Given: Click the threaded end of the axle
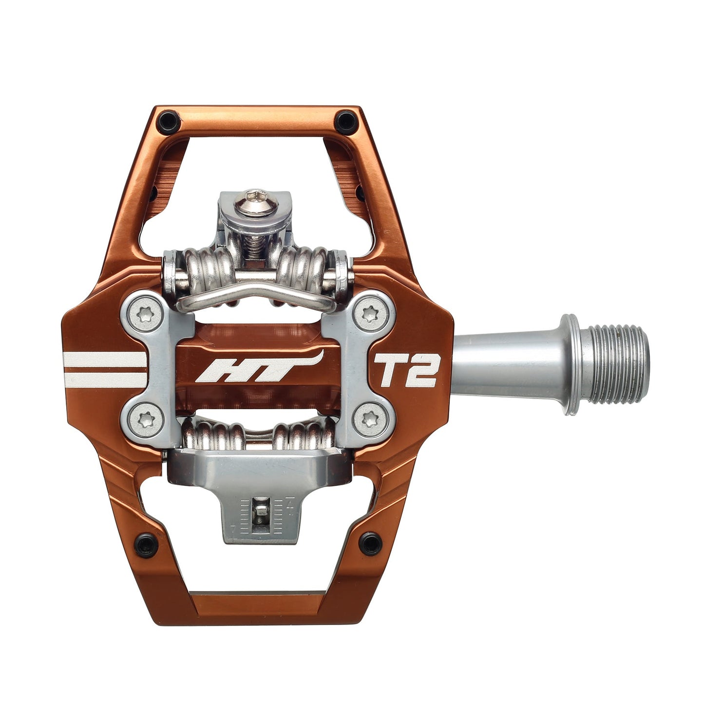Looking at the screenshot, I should coord(619,365).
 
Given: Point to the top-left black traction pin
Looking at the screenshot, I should coord(169,119).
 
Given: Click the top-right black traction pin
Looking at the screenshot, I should coord(346,119).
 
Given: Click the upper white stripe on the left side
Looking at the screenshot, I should coord(105,360).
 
